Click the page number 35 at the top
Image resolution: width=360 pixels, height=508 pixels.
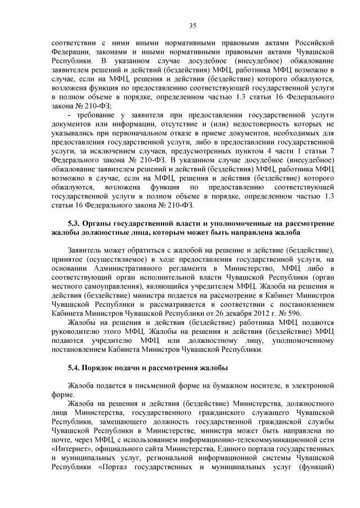point(192,25)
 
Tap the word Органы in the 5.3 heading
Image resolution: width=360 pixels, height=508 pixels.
point(100,223)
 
